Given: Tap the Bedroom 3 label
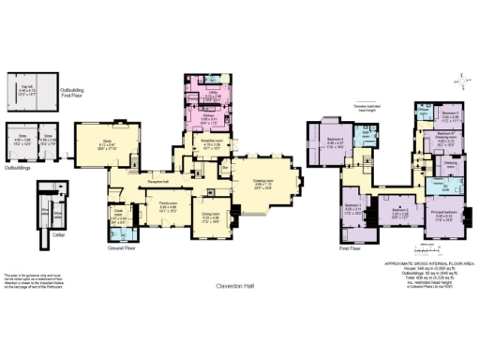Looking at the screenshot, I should click(352, 206).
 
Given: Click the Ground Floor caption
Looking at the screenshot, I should click(123, 248).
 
